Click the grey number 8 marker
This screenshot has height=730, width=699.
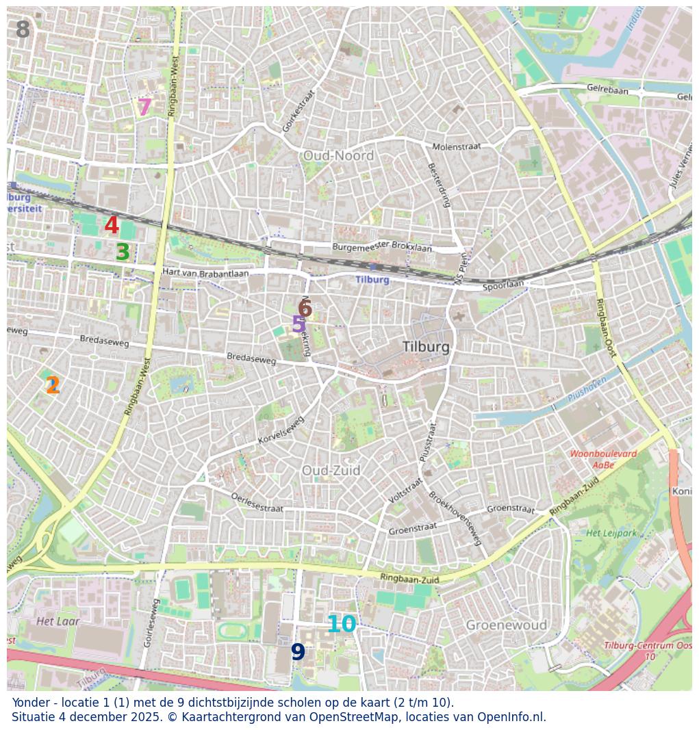point(23,30)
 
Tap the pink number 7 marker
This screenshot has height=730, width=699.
point(144,107)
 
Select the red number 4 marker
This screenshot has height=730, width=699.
point(112,226)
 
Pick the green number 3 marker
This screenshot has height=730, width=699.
point(123,252)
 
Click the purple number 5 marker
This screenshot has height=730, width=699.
point(298,324)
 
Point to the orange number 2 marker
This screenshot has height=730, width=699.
point(53,386)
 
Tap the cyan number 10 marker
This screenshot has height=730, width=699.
point(341,624)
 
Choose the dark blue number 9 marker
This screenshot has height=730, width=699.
point(298,652)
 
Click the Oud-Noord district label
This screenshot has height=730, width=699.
point(338,156)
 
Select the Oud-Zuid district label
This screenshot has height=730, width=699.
point(331,471)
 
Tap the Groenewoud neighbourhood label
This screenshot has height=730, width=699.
point(506,625)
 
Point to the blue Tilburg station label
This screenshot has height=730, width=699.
point(372,280)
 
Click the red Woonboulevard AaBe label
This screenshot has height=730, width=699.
point(603,459)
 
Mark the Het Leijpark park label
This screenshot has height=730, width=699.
point(611,532)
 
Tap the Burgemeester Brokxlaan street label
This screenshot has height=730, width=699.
point(382,246)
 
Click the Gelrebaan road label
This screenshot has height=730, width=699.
point(607,90)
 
